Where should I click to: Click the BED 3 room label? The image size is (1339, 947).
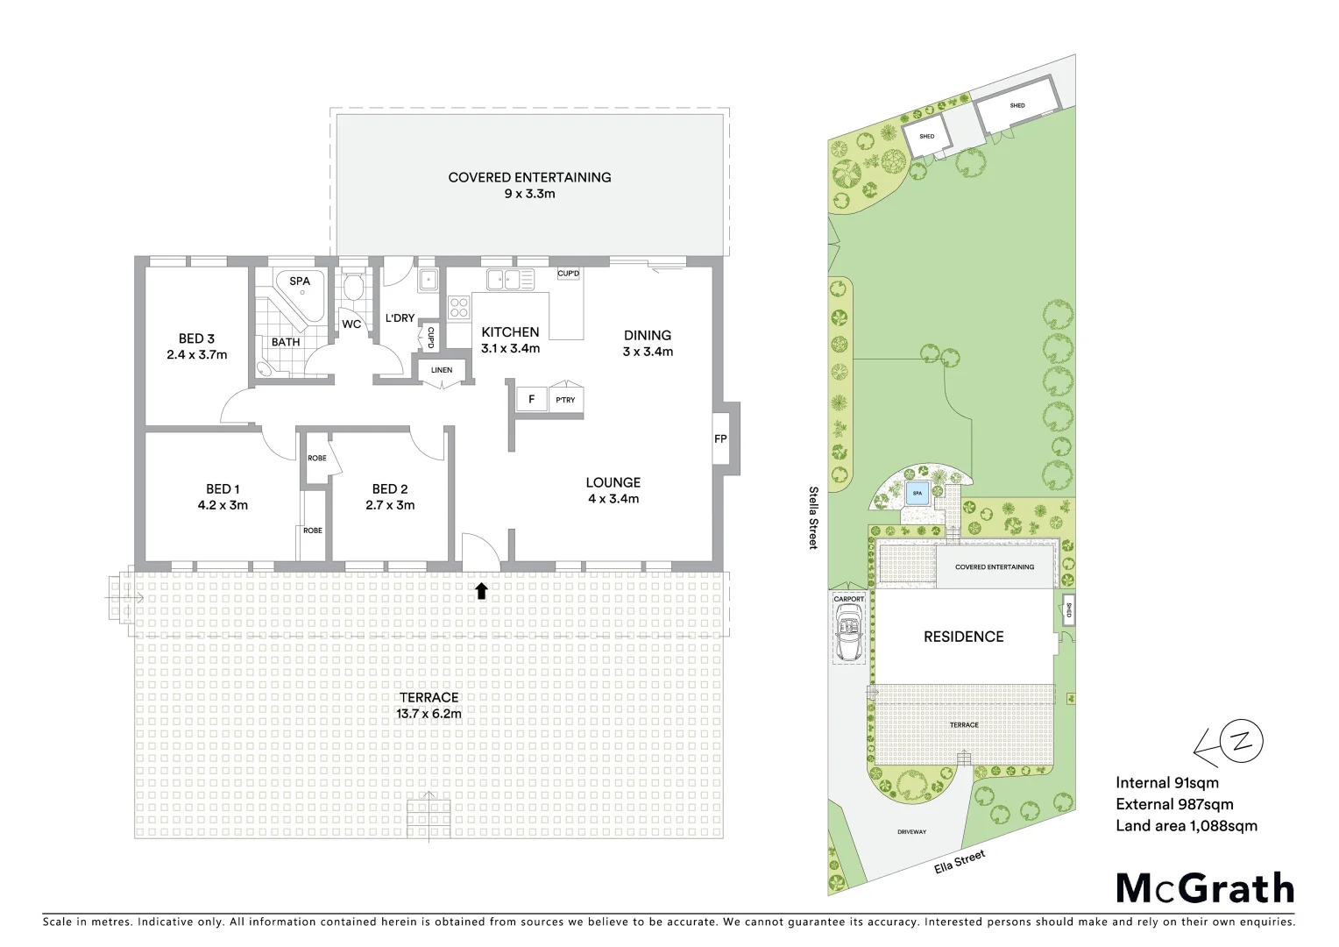[196, 338]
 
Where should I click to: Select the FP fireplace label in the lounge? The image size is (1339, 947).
[720, 438]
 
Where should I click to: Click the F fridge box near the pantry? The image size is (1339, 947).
[531, 400]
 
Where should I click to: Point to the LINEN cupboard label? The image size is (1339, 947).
[442, 370]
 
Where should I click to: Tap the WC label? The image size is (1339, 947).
[351, 324]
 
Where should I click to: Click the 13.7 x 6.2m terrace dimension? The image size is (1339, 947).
[429, 714]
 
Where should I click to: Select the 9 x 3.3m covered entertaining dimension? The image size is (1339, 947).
[529, 194]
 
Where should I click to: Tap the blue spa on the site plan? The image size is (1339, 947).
[917, 494]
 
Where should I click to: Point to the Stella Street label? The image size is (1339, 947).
[813, 517]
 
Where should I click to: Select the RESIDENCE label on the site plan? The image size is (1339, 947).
[963, 637]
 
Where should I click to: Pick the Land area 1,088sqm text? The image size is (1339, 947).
[1186, 825]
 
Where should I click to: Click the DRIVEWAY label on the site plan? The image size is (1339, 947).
[911, 831]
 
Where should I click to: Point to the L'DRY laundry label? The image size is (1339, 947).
[400, 318]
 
